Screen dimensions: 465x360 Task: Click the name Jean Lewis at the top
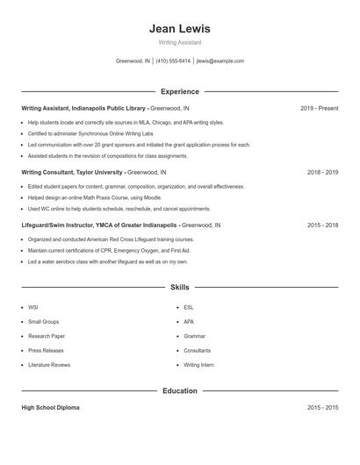click(179, 29)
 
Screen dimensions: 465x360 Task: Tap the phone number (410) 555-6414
click(174, 61)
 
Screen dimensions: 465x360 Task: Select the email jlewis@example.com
click(220, 61)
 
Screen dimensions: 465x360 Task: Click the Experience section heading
click(179, 91)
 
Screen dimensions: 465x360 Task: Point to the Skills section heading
click(179, 287)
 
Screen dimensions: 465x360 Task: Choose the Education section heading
click(179, 391)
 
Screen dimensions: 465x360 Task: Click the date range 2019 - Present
click(319, 108)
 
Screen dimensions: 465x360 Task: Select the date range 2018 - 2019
click(322, 173)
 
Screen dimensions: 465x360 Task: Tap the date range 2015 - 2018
click(322, 225)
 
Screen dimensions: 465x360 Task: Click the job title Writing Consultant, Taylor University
click(72, 173)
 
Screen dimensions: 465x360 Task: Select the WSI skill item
click(33, 308)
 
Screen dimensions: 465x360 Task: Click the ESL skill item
click(189, 308)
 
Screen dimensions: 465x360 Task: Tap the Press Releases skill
click(45, 350)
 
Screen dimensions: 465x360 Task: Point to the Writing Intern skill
click(198, 364)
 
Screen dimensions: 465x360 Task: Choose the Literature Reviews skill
click(49, 364)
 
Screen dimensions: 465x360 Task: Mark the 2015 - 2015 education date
click(322, 408)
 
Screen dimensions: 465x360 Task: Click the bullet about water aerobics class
click(108, 261)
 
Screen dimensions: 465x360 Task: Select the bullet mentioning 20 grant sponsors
click(139, 145)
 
